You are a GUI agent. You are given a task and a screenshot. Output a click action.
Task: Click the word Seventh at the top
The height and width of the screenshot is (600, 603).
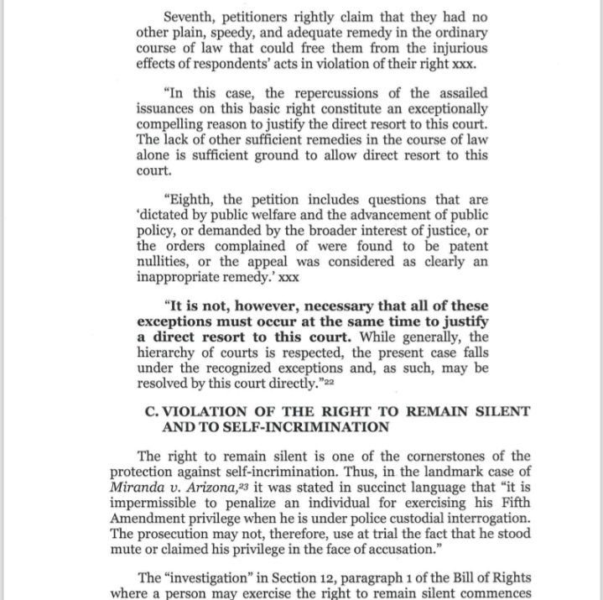pyautogui.click(x=191, y=17)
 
